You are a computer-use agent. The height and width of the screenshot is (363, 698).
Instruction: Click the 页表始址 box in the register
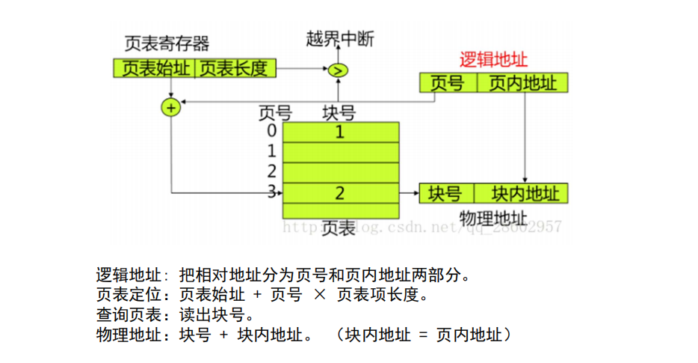pos(155,69)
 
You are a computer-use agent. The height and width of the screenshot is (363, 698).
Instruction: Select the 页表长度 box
pos(234,69)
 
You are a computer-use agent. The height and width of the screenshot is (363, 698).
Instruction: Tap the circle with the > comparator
pos(338,70)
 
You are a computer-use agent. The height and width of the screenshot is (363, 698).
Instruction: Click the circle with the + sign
pos(171,109)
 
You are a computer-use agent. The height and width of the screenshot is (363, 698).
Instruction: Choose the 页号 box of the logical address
pos(447,83)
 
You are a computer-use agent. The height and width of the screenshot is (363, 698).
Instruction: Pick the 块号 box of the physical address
pos(445,193)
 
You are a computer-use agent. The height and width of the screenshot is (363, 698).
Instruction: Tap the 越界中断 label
pos(339,39)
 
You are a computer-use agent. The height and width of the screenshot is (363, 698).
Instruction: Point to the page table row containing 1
pos(340,132)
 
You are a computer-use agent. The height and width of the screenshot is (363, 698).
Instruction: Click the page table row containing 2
pos(340,193)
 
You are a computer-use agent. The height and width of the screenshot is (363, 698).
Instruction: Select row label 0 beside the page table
pos(272,131)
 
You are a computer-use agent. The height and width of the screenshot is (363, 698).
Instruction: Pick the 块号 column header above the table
pos(339,114)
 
